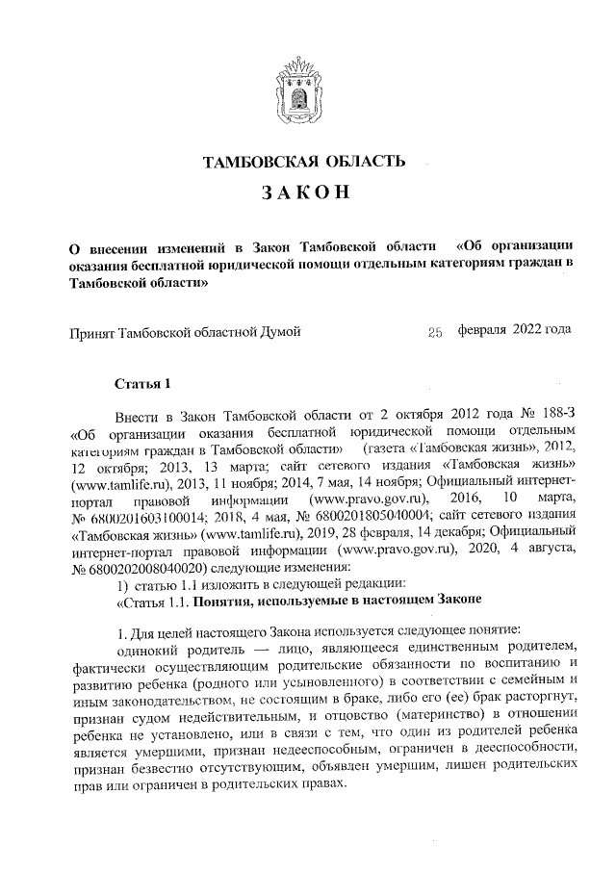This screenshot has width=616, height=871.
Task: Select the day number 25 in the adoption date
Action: (434, 333)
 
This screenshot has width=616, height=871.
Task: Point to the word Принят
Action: (92, 333)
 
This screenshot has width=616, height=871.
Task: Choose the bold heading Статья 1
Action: (141, 385)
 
